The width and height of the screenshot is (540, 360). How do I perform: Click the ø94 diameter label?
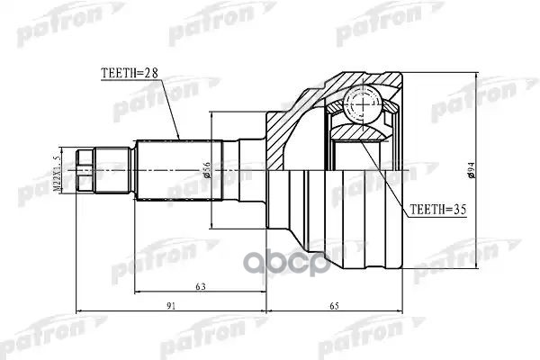(472, 167)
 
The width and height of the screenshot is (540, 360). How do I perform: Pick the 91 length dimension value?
(172, 306)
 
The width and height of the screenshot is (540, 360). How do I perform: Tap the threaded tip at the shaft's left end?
(85, 168)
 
